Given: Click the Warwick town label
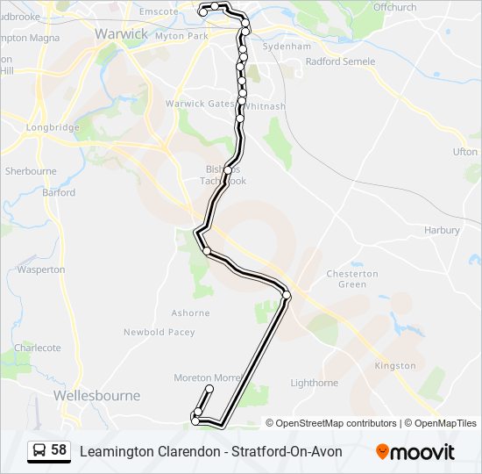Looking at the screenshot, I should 121,33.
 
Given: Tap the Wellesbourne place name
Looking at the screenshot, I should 96,396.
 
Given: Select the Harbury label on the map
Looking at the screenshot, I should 442,230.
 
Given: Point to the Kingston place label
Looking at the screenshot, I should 395,365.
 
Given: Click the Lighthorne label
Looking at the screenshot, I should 314,383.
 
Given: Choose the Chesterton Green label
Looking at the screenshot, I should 352,279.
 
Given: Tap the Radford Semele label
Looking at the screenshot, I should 340,61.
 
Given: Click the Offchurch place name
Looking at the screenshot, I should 394,7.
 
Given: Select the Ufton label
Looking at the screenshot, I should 464,152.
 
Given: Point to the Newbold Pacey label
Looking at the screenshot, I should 159,332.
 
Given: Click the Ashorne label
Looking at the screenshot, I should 190,312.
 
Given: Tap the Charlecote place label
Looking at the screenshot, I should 38,348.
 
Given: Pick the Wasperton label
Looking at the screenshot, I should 41,269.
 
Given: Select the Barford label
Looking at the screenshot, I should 59,192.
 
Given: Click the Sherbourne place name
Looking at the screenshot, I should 31,171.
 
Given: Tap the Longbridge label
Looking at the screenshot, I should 53,127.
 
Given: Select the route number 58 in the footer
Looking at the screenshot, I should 59,450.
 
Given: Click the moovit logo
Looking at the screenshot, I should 415,452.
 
